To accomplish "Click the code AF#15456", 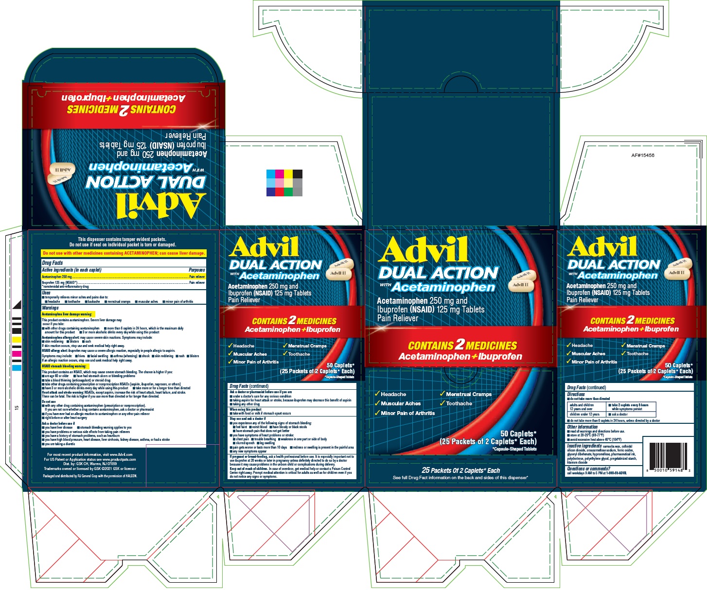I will point(642,156).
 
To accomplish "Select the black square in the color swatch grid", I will point(298,174).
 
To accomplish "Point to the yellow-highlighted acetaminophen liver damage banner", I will point(124,253).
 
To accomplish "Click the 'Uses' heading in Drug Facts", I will point(46,293).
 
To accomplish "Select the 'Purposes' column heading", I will point(197,270).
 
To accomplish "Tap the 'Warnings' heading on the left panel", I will point(50,308).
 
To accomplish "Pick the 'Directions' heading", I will point(576,394).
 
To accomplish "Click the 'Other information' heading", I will point(582,427).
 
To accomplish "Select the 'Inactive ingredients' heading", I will point(584,446).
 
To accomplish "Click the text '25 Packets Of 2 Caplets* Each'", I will point(460,470).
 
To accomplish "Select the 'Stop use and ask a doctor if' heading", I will point(247,418).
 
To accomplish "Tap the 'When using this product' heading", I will point(246,409).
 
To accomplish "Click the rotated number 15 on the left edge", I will point(17,408).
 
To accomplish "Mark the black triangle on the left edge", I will point(18,305).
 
